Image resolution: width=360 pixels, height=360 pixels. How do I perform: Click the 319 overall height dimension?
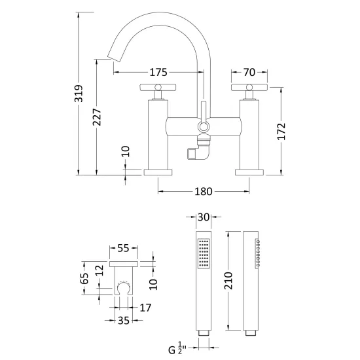pos(79,94)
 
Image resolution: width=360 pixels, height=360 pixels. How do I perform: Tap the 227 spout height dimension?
pos(97,117)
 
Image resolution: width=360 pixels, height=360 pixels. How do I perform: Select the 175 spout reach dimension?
pos(158,72)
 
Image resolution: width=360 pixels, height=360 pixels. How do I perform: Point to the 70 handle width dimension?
pos(249,72)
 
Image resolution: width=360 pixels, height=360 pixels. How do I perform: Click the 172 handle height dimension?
pos(281,132)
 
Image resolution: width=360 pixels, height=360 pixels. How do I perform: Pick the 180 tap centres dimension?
pos(204,191)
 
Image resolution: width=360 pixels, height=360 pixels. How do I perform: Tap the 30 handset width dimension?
pos(204,217)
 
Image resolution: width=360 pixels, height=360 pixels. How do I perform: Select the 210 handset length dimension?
pos(228,281)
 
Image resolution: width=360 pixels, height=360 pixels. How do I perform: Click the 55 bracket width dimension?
pos(123,248)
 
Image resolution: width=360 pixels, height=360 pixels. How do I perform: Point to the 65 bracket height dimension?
pos(84,278)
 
